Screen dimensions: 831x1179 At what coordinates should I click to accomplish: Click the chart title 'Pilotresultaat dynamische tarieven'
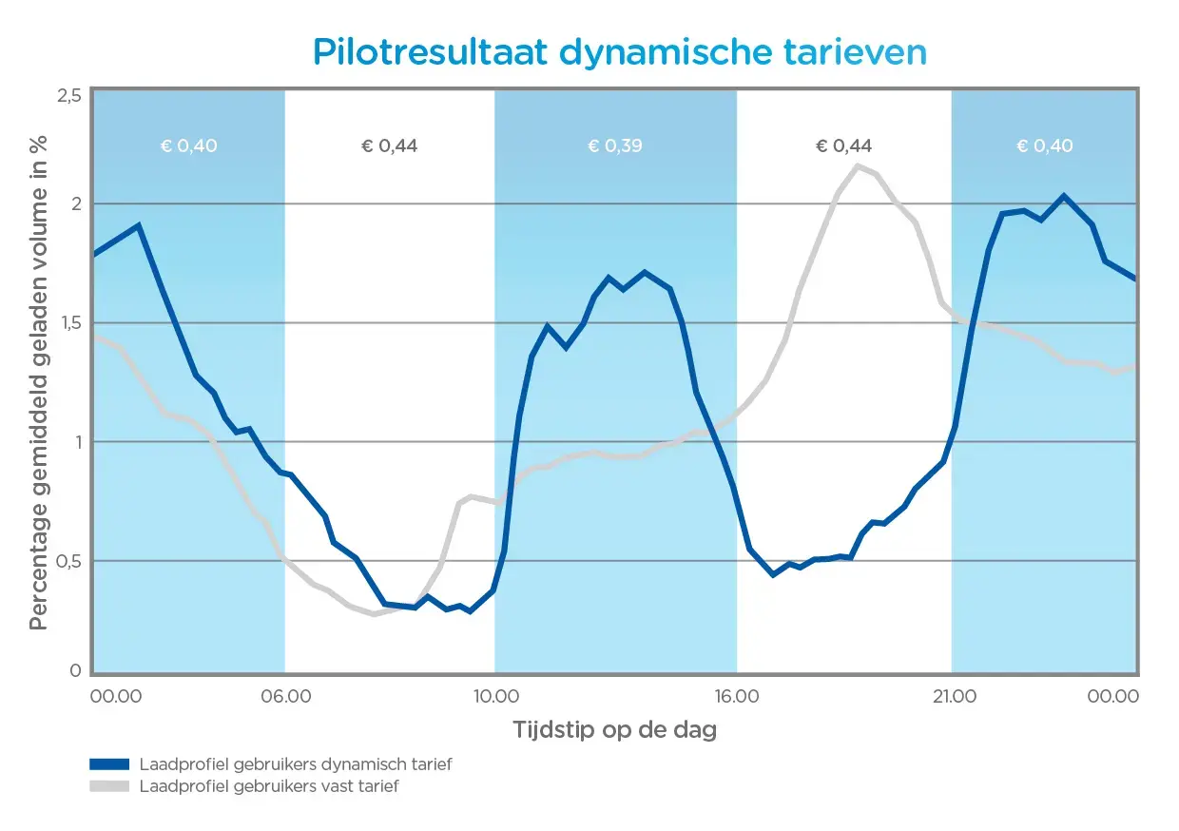point(619,51)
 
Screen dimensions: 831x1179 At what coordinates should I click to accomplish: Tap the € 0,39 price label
point(615,145)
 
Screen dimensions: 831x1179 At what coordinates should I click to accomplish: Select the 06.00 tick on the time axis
point(285,696)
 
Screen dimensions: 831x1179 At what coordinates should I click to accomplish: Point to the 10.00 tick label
point(494,696)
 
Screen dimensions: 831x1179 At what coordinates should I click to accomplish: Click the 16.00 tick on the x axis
point(736,696)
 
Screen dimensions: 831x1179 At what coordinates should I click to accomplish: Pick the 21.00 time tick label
point(953,696)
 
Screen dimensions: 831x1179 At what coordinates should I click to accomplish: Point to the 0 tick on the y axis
point(74,671)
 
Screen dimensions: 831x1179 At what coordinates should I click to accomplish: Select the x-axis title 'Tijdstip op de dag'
point(614,730)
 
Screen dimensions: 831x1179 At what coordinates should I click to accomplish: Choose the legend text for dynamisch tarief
point(295,763)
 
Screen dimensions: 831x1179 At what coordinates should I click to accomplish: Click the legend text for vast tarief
point(269,786)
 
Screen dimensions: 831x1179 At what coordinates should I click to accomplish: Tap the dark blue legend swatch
point(108,763)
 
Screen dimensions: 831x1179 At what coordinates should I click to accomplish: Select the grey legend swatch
point(108,786)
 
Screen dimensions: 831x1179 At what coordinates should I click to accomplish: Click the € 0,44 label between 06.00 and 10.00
point(389,145)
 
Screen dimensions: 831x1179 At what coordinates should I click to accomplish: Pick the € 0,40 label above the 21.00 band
point(1044,145)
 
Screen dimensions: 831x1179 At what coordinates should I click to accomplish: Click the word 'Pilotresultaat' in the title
point(430,51)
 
